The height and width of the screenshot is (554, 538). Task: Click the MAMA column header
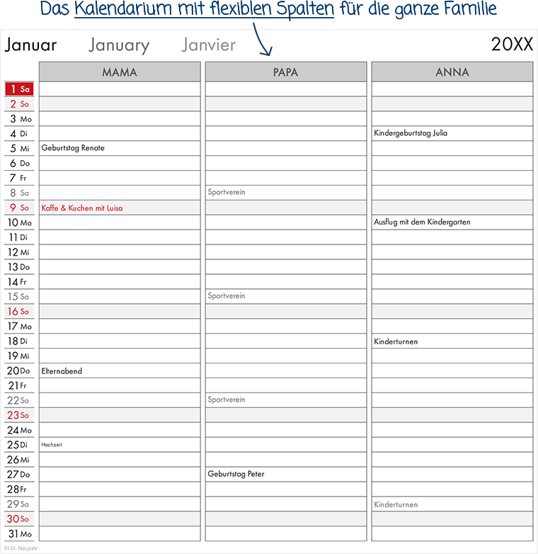120,72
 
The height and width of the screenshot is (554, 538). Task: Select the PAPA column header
286,72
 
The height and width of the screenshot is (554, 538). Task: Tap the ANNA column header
452,72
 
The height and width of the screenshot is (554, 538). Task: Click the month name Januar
30,45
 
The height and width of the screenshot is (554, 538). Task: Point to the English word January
119,46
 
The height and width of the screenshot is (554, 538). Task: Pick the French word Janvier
208,45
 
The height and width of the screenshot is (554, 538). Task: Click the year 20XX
512,45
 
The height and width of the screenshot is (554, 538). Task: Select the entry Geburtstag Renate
73,148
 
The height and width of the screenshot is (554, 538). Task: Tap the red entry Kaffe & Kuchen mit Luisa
82,208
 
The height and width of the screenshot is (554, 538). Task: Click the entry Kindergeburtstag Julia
411,133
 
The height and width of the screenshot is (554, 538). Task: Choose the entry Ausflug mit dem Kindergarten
422,222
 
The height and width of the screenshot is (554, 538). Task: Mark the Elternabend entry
62,371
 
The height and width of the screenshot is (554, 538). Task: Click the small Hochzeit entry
52,445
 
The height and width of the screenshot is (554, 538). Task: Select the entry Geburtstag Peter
236,475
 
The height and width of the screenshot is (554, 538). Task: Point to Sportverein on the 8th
227,193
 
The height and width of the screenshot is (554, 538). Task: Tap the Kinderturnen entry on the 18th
396,341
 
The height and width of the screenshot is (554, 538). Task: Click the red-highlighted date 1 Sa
19,89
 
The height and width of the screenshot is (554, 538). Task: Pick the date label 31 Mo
19,534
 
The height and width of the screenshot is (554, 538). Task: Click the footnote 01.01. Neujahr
21,548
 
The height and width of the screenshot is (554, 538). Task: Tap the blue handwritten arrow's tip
269,55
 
